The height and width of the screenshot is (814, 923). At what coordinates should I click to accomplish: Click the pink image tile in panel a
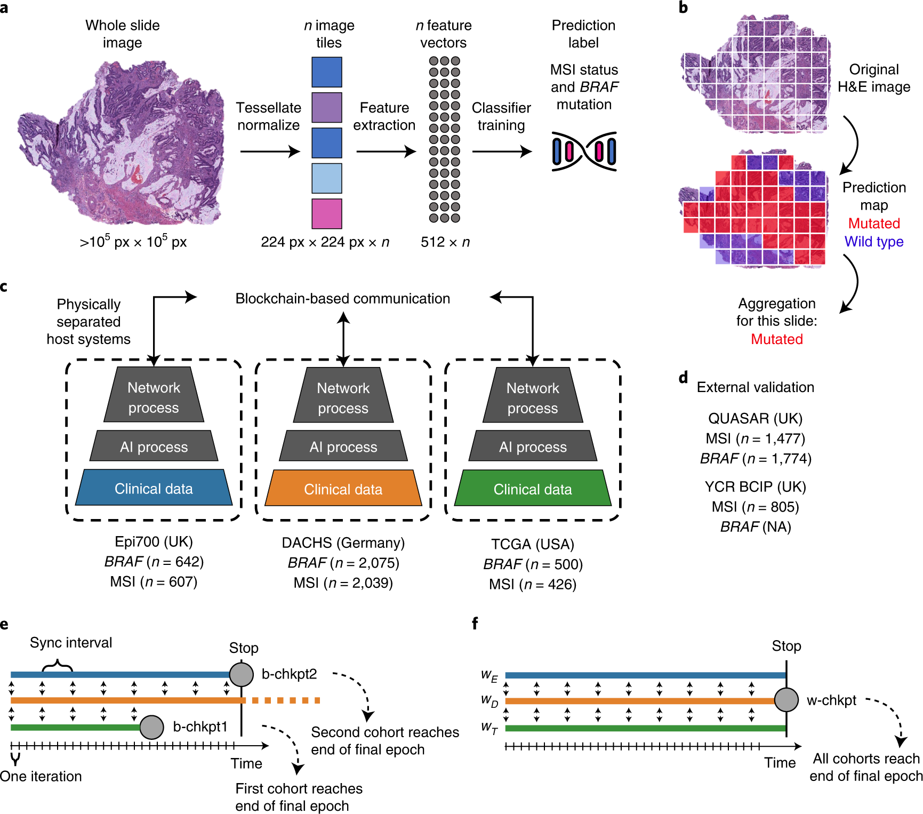pyautogui.click(x=326, y=213)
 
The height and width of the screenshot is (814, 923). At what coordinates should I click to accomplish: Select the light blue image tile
pyautogui.click(x=326, y=178)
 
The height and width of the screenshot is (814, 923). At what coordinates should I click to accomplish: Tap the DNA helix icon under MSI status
pyautogui.click(x=584, y=151)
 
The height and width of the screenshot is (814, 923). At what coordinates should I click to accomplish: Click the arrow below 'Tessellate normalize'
pyautogui.click(x=270, y=151)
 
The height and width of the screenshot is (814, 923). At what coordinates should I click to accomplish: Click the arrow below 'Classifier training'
pyautogui.click(x=501, y=151)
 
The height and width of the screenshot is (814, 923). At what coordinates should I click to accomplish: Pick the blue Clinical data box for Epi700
pyautogui.click(x=154, y=488)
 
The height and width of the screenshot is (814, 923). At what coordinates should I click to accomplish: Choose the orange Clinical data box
pyautogui.click(x=343, y=489)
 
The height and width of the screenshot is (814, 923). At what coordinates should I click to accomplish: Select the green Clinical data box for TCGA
pyautogui.click(x=532, y=489)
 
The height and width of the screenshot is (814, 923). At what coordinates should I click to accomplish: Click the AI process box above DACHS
pyautogui.click(x=343, y=446)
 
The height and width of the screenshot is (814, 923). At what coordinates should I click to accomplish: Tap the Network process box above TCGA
pyautogui.click(x=532, y=397)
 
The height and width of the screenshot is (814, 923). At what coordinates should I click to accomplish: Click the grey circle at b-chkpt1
pyautogui.click(x=151, y=727)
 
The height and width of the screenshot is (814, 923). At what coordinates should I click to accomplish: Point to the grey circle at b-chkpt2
pyautogui.click(x=241, y=674)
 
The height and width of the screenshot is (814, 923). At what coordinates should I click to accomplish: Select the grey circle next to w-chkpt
pyautogui.click(x=786, y=700)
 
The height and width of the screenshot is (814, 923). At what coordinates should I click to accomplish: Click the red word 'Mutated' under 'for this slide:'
pyautogui.click(x=776, y=339)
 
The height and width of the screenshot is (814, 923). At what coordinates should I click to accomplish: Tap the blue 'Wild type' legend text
pyautogui.click(x=873, y=242)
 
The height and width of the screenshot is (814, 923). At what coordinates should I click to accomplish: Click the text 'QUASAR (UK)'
pyautogui.click(x=755, y=418)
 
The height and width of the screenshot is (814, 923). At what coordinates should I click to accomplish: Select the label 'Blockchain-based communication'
pyautogui.click(x=342, y=299)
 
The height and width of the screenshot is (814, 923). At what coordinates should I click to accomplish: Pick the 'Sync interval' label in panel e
pyautogui.click(x=71, y=643)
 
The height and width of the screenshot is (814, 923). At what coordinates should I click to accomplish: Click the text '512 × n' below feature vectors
pyautogui.click(x=445, y=242)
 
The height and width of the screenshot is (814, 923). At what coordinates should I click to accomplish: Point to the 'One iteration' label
pyautogui.click(x=41, y=776)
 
